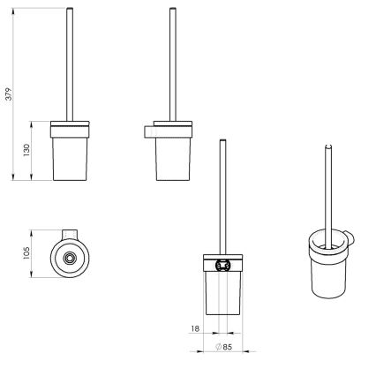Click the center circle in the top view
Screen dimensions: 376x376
[69, 257]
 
